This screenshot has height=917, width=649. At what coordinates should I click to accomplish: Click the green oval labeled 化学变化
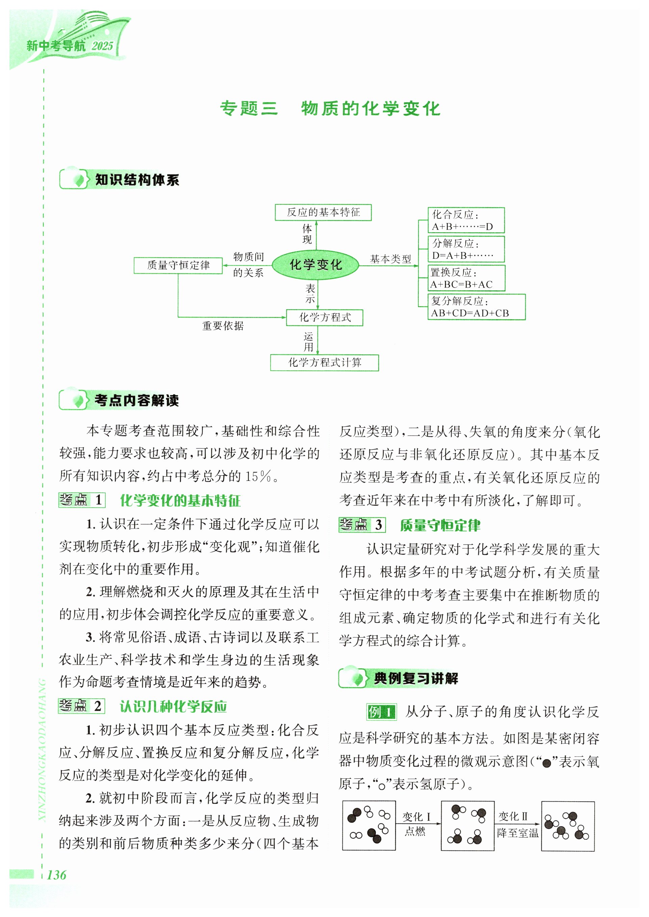pos(315,265)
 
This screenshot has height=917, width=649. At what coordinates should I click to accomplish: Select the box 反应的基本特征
pos(323,212)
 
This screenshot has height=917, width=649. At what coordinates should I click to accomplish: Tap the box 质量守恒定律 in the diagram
pos(178,265)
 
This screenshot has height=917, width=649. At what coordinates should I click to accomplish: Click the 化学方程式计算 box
pos(324,362)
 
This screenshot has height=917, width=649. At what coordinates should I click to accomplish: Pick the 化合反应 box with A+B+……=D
pos(466,220)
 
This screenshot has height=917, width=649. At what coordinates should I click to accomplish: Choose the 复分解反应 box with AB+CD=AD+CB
pos(476,307)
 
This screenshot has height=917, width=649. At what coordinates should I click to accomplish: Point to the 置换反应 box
pos(466,278)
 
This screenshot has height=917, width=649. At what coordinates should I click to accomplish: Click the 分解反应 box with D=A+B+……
pos(466,249)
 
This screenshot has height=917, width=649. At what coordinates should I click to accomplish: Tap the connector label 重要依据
pos(223,326)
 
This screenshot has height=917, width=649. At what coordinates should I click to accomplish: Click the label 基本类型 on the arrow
pos(390,259)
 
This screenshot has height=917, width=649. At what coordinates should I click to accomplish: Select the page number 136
pos(56,875)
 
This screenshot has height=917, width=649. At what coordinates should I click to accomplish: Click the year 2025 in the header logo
pos(102,46)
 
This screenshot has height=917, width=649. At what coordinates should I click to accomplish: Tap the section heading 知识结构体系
pos(137,180)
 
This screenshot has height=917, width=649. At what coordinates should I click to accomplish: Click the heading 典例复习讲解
pos(416,678)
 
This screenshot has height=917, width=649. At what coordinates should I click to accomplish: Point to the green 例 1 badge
pos(381,712)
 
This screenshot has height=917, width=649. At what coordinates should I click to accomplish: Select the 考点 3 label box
pos(362,525)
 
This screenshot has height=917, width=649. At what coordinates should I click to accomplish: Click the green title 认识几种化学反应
pos(173,706)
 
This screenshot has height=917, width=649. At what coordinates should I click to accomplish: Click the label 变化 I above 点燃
pos(416,817)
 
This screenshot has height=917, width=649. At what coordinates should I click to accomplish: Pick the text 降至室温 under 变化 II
pos(518,833)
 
